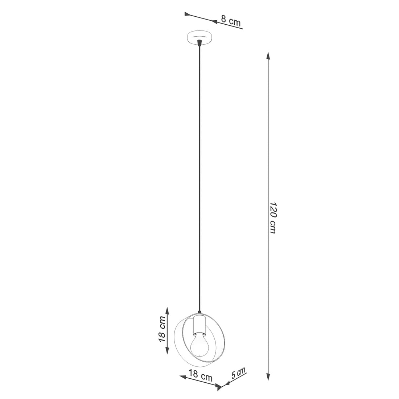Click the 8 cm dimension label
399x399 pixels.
[231, 21]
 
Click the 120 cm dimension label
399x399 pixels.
[273, 218]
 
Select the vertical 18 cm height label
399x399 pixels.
[162, 329]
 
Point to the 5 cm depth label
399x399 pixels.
[238, 373]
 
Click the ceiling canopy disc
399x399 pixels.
[199, 38]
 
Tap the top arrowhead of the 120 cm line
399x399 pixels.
[268, 56]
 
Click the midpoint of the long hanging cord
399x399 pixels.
[199, 178]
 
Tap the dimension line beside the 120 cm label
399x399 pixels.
[268, 145]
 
